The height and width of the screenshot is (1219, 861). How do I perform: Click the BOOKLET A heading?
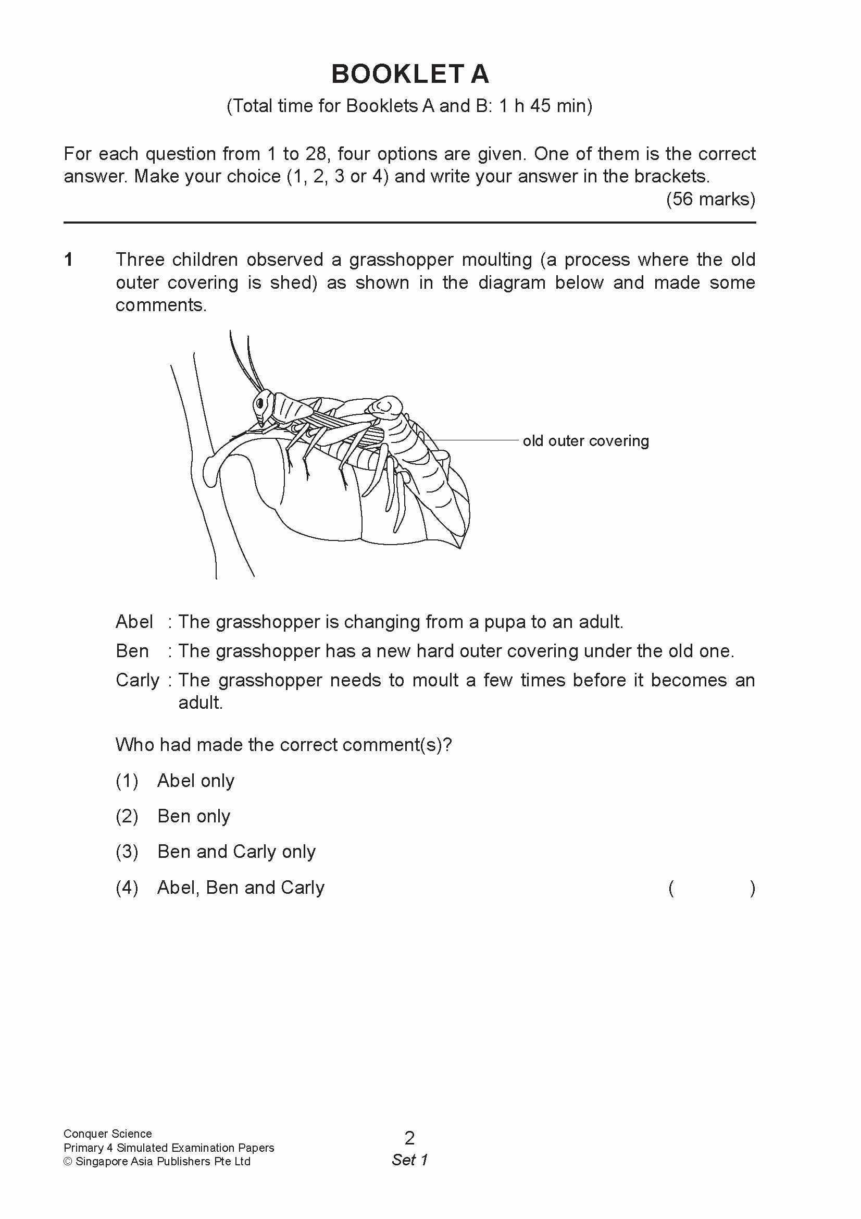(409, 74)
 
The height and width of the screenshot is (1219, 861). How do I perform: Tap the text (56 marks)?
(710, 199)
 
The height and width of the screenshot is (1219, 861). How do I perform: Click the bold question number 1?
(68, 260)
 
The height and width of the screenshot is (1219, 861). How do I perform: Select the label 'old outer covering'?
(585, 441)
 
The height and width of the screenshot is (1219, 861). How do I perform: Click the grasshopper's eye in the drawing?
(260, 402)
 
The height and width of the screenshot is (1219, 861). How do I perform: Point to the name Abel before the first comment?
(134, 622)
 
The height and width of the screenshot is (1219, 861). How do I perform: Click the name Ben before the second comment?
(132, 651)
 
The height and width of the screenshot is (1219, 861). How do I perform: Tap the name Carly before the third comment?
(138, 680)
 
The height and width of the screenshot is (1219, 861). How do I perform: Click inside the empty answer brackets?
(712, 888)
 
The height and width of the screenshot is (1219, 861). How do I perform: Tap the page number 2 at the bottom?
(409, 1138)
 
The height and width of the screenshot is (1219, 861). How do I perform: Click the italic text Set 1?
(409, 1160)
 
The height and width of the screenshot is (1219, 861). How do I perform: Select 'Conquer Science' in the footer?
(108, 1134)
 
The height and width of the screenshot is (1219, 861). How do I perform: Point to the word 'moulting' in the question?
(496, 260)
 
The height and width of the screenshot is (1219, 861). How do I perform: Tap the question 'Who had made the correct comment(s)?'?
(284, 745)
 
